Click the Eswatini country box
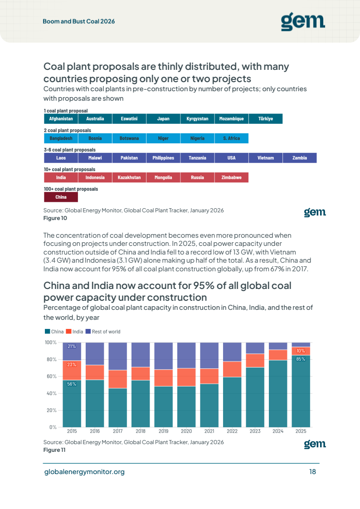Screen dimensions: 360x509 129,119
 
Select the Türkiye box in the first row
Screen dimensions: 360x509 266,119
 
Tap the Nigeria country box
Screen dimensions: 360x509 197,138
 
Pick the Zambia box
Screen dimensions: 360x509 300,158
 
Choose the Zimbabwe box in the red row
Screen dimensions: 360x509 231,177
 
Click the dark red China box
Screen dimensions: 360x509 61,197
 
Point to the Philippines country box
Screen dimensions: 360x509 163,158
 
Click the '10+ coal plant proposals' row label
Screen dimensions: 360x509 70,170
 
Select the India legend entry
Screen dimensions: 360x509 75,332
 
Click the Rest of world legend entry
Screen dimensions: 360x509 103,332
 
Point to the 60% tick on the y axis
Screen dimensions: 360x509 51,376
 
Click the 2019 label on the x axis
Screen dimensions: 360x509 164,431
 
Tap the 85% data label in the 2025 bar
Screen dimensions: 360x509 301,359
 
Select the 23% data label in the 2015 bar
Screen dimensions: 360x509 72,365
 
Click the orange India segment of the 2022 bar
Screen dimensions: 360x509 232,369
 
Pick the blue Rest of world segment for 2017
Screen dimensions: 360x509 118,357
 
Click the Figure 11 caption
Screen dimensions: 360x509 54,450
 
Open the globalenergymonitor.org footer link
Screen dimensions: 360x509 84,472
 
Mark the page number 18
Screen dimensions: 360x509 313,472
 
